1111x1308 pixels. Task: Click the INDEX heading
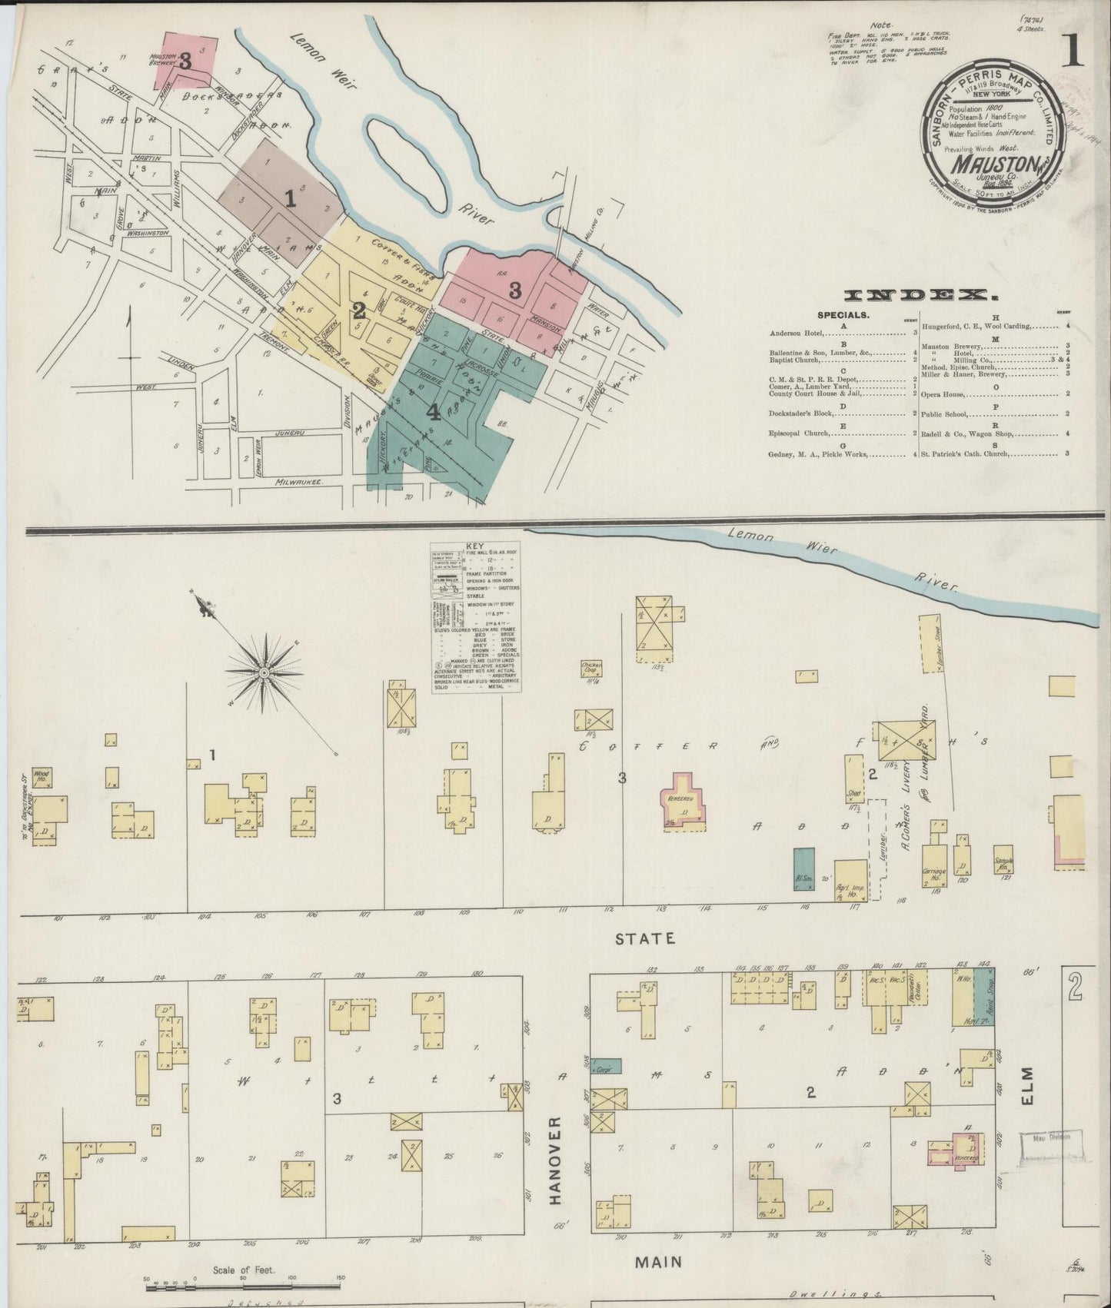pyautogui.click(x=916, y=294)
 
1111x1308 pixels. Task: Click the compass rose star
pyautogui.click(x=264, y=673)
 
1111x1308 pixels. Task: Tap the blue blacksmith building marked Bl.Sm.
pyautogui.click(x=803, y=868)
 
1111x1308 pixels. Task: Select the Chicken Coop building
pyautogui.click(x=590, y=666)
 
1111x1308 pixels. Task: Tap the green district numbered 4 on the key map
pyautogui.click(x=433, y=413)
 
